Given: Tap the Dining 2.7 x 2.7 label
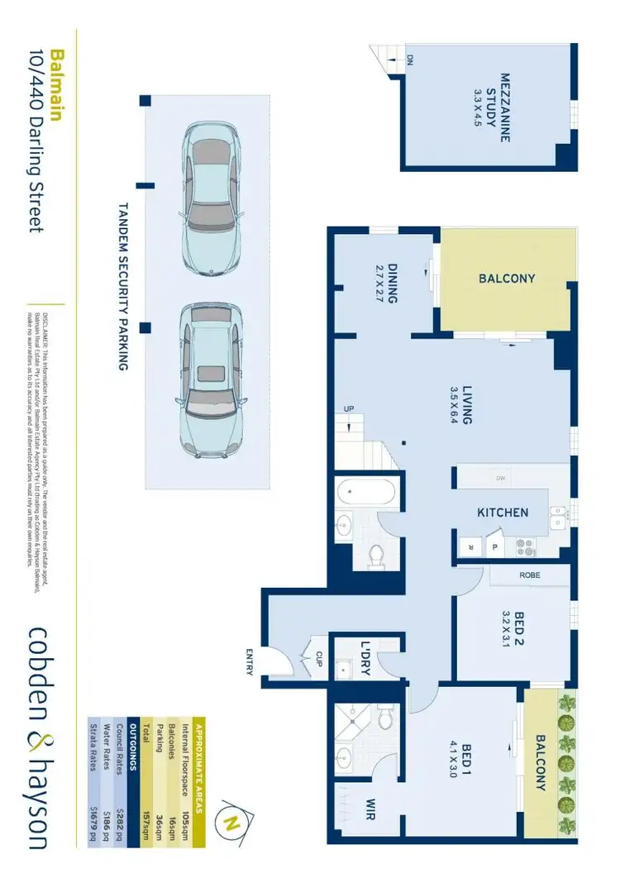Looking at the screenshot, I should tap(387, 284).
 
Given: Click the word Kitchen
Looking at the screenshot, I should tap(502, 513).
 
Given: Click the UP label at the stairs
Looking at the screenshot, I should tap(350, 408).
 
